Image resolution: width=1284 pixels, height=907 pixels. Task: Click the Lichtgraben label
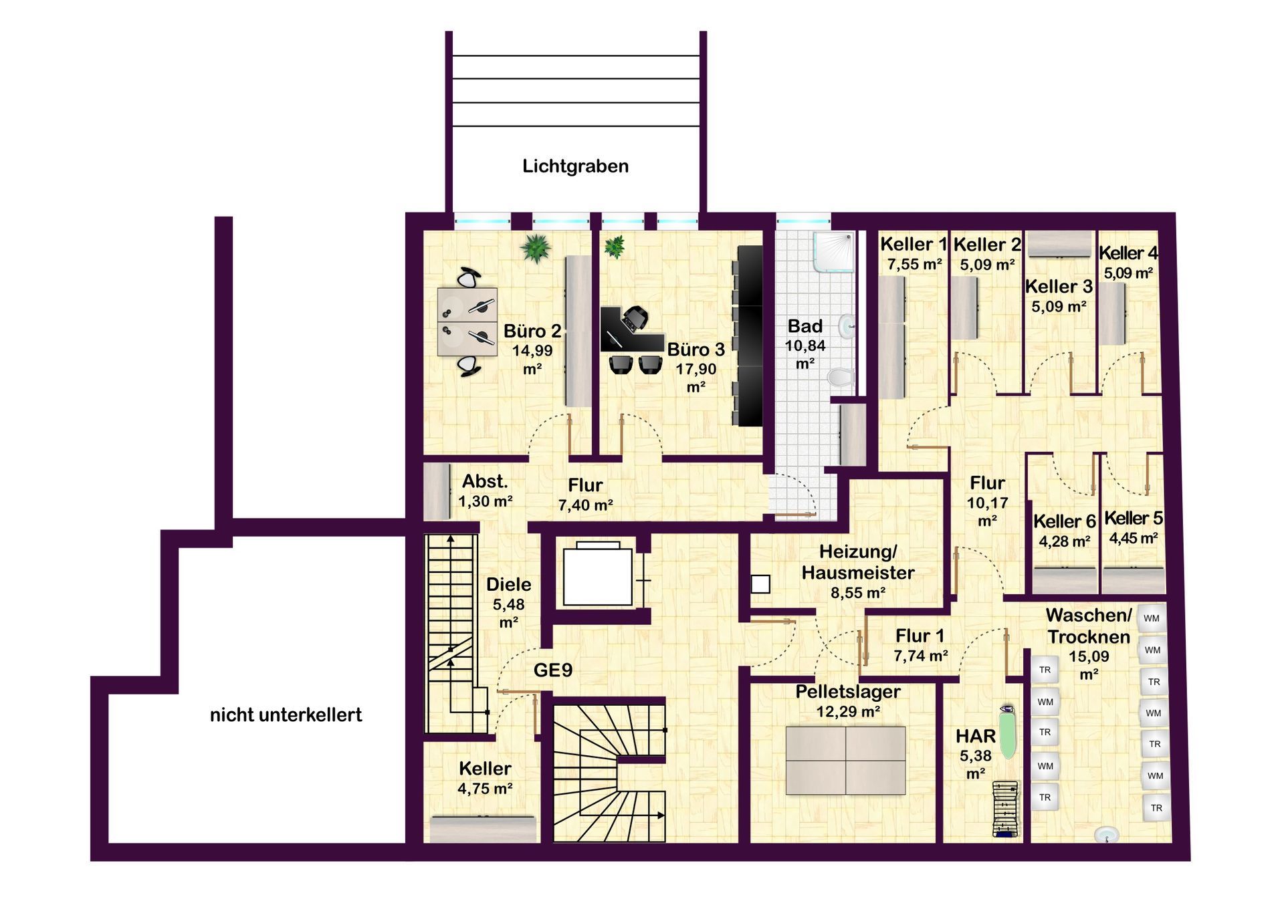575,166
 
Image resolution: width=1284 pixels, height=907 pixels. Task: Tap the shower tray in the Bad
834,252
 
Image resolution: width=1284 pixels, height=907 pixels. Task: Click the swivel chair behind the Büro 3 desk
635,317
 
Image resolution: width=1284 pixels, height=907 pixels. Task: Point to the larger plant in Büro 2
536,248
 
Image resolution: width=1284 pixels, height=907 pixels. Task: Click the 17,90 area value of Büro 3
695,369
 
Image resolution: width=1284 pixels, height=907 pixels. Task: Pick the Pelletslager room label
847,692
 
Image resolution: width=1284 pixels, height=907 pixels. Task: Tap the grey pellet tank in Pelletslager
845,761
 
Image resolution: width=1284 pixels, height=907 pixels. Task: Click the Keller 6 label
1064,521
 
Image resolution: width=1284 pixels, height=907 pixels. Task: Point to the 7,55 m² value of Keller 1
914,265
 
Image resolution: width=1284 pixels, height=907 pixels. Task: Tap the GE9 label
553,670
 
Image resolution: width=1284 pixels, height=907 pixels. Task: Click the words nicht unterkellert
286,715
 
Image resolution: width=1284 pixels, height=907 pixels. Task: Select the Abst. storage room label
485,481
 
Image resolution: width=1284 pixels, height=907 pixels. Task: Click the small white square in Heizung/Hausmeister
760,584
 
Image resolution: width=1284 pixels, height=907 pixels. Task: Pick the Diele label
508,585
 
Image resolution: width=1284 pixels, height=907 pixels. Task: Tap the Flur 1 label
920,636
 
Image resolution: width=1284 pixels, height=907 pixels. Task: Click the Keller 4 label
1128,253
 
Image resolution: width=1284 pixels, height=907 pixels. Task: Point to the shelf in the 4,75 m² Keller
482,829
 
